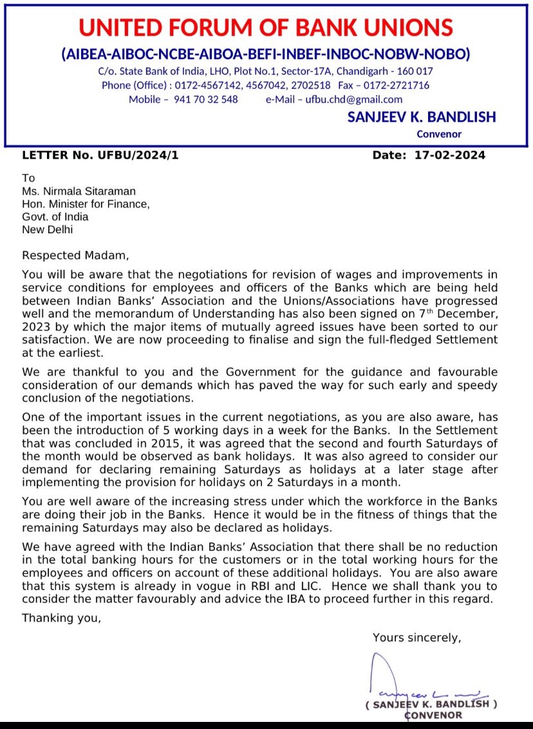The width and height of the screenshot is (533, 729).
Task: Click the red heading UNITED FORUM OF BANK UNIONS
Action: tap(266, 27)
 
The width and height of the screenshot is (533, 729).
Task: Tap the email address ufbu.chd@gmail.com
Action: tap(353, 99)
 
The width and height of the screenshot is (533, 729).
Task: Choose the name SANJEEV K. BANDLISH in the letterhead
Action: tap(421, 117)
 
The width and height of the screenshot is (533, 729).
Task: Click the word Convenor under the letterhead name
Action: tap(439, 134)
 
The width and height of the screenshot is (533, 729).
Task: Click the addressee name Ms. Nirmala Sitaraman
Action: tap(79, 191)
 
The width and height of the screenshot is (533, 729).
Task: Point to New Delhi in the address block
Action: tap(48, 229)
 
